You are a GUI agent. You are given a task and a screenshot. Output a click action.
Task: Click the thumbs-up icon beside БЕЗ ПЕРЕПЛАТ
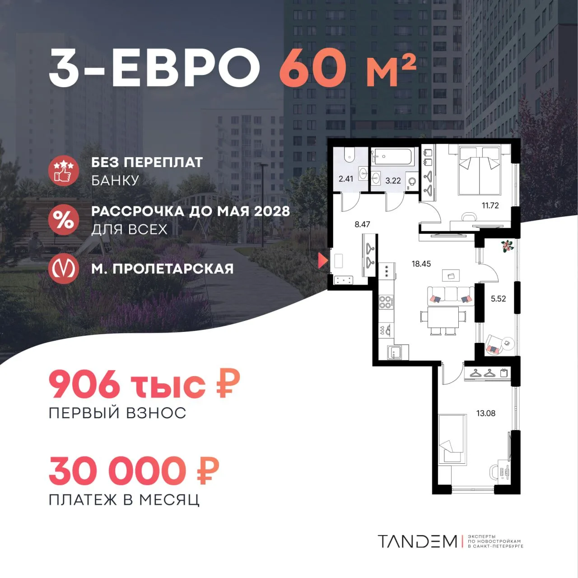click(x=64, y=171)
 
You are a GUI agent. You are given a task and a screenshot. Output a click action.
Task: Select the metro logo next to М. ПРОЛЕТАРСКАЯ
click(x=64, y=268)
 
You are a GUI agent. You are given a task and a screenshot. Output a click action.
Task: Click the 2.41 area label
click(x=346, y=179)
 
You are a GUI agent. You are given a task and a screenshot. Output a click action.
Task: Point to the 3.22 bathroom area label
click(x=393, y=181)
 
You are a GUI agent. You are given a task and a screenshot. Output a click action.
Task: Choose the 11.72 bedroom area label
click(x=490, y=205)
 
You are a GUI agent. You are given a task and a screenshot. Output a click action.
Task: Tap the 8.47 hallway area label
click(x=362, y=224)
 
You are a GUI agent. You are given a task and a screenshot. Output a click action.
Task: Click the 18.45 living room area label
click(x=421, y=264)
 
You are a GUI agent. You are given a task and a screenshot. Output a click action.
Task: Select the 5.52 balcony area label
click(x=498, y=298)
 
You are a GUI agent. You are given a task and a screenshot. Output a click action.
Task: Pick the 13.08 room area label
click(x=486, y=413)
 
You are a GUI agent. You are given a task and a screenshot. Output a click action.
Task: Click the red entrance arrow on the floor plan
click(x=323, y=261)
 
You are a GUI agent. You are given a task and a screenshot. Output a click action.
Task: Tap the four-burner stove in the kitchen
click(x=386, y=302)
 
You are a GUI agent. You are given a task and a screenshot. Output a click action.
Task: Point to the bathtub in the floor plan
click(x=393, y=157)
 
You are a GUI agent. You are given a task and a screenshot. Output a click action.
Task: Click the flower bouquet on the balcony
click(x=507, y=247)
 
